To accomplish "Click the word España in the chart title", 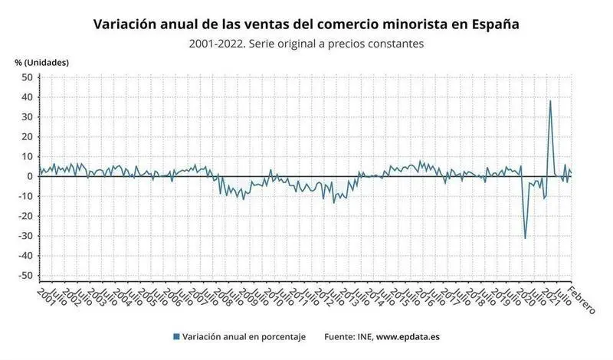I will click(x=493, y=25).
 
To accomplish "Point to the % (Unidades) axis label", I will click(x=42, y=62).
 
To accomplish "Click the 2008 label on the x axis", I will click(x=221, y=296).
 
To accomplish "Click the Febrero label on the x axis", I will click(x=582, y=299).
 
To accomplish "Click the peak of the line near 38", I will click(x=550, y=101).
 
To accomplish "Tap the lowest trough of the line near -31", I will click(x=525, y=238).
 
